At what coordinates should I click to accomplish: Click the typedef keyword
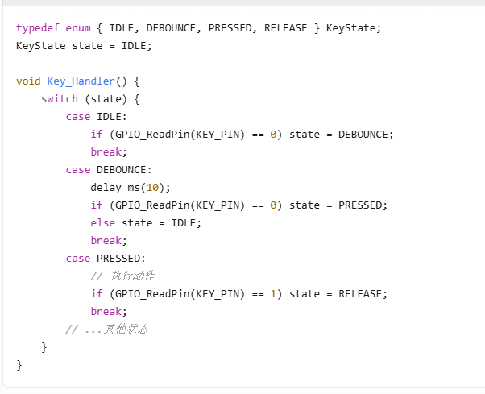[35, 28]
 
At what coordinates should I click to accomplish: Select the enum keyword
[78, 28]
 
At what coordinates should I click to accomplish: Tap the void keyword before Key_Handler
[28, 81]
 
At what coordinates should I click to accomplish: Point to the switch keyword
[60, 99]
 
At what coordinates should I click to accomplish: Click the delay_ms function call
[113, 188]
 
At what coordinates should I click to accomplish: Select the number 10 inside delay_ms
[152, 188]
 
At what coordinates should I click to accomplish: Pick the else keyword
[103, 223]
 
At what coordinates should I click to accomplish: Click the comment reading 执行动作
[129, 276]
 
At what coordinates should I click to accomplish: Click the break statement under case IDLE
[110, 152]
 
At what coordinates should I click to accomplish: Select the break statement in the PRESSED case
[110, 312]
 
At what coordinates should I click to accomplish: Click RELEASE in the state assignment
[360, 294]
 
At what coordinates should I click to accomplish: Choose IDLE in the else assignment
[185, 223]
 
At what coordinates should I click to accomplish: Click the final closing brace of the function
[19, 365]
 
